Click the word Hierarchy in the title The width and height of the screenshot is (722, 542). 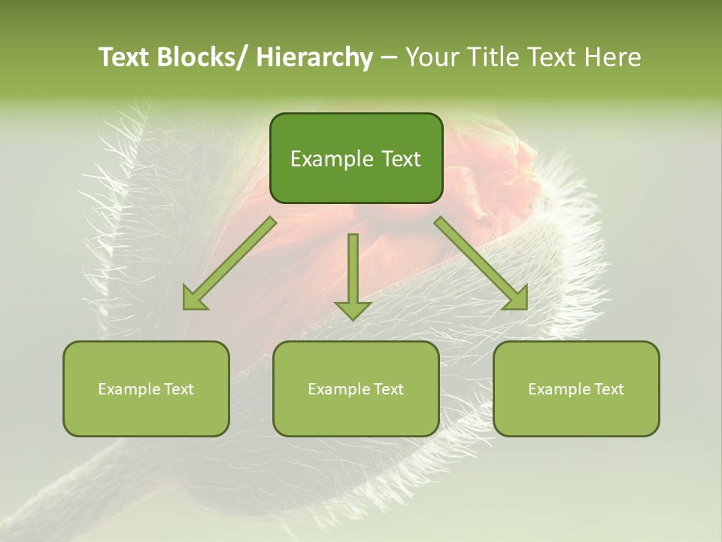[314, 57]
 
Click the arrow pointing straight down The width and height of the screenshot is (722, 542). [353, 271]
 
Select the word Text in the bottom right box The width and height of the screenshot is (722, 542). [610, 389]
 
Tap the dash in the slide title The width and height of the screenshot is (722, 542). [389, 58]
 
